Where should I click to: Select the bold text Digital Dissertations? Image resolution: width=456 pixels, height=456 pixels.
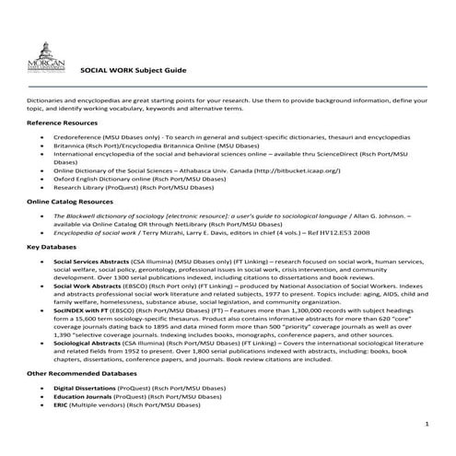[x=87, y=389]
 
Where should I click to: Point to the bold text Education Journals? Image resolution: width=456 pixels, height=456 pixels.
[x=83, y=397]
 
